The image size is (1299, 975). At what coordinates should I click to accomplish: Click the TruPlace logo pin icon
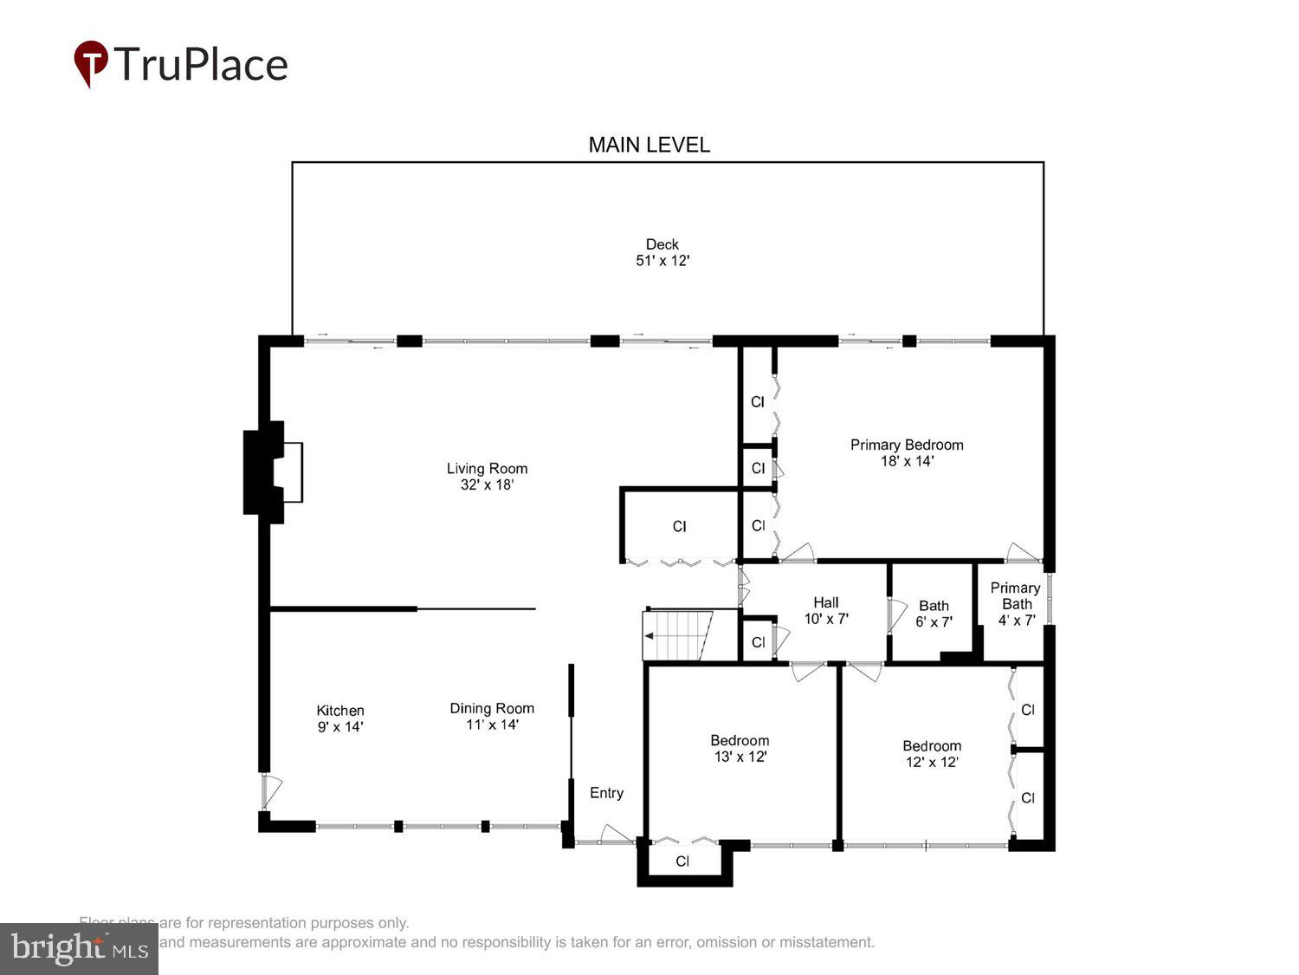point(90,63)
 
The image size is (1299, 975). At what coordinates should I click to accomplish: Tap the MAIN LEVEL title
point(649,145)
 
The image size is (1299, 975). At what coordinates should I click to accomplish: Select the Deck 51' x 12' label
point(662,252)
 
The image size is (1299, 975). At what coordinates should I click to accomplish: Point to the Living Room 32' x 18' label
point(487,477)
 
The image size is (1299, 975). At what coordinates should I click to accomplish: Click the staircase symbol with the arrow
point(676,635)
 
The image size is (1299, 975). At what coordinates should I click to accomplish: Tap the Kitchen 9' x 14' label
point(339,718)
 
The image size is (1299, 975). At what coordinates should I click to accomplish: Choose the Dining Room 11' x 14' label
point(492,716)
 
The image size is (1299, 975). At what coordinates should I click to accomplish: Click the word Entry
point(606,793)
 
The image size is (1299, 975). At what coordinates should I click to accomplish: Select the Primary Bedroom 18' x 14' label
point(907,452)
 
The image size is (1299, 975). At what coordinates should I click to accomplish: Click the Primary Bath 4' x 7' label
point(1016,603)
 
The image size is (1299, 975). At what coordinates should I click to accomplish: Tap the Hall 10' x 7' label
point(825,610)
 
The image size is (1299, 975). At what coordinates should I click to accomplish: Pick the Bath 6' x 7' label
point(934,614)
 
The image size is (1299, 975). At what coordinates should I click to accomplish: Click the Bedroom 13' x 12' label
point(740,748)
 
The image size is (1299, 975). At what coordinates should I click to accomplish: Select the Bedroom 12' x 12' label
point(932,753)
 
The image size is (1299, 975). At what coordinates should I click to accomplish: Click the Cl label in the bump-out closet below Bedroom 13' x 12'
point(682,861)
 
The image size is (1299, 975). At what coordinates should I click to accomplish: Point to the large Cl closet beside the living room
point(680,527)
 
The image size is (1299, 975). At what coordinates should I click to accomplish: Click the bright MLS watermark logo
point(79,948)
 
